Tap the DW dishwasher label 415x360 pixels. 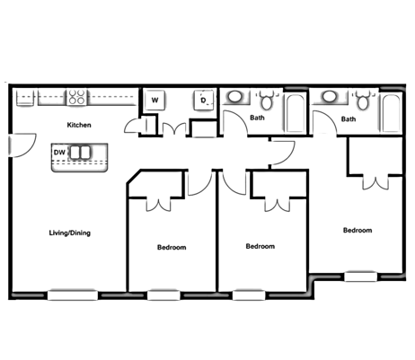click(x=58, y=153)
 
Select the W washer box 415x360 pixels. click(x=155, y=100)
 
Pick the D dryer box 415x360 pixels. click(x=204, y=100)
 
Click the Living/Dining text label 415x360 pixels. click(x=69, y=233)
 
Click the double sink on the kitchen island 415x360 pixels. click(x=81, y=153)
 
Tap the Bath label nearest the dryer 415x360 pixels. click(x=258, y=118)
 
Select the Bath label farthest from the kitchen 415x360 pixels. click(x=348, y=119)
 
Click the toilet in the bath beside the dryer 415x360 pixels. click(x=268, y=101)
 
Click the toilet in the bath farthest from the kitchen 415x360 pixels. click(x=361, y=101)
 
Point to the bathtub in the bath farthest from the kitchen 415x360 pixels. click(x=390, y=111)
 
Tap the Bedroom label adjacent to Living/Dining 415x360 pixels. click(x=172, y=247)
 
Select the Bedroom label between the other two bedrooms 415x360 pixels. click(x=260, y=246)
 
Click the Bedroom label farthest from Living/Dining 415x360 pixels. click(x=357, y=230)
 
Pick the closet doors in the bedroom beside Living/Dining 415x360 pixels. click(x=158, y=202)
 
